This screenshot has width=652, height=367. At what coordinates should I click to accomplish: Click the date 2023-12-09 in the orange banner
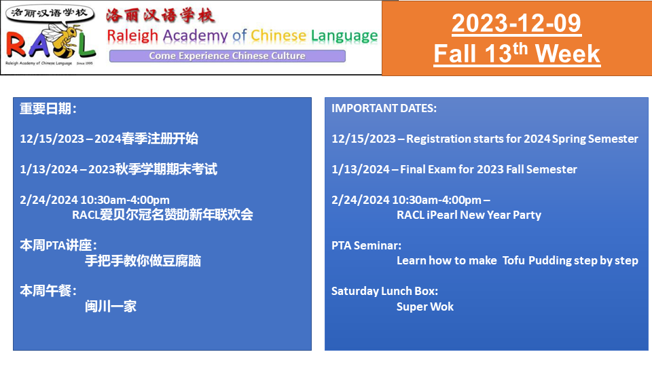pos(516,23)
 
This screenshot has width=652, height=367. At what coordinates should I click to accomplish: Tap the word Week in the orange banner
pos(568,54)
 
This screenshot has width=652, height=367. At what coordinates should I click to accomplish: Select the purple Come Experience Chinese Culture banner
pos(228,56)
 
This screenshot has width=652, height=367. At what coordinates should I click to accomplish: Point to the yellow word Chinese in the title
pos(278,36)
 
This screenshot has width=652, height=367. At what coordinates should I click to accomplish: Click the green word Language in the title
pos(344,37)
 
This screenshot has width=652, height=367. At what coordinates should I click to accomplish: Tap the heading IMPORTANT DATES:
pos(384,108)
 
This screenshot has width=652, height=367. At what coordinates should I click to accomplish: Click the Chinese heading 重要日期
pos(46,109)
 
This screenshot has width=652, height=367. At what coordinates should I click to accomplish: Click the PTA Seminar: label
pos(366,245)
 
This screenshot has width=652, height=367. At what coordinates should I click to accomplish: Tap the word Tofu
pos(513,260)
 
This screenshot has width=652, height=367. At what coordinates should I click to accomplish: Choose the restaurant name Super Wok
pos(425,307)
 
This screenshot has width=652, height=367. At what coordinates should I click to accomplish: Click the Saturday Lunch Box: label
pos(384,291)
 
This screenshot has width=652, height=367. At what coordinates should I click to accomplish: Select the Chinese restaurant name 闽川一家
pos(111,307)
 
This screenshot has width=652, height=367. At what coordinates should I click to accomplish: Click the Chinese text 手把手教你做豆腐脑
pos(143,261)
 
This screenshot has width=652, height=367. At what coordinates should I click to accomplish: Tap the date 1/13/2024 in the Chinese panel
pos(49,169)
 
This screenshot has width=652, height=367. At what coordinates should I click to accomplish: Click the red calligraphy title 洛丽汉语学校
pos(160,16)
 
